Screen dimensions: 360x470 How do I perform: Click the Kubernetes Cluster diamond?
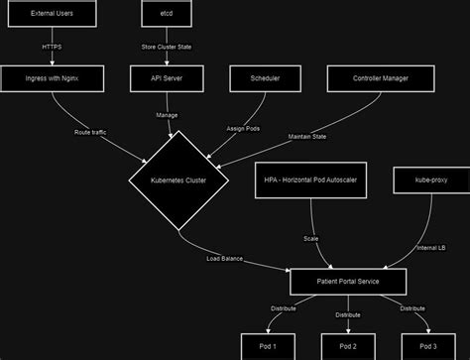click(178, 180)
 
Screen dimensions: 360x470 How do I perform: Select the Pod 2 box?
click(348, 347)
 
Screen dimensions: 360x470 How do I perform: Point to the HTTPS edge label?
click(52, 47)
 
